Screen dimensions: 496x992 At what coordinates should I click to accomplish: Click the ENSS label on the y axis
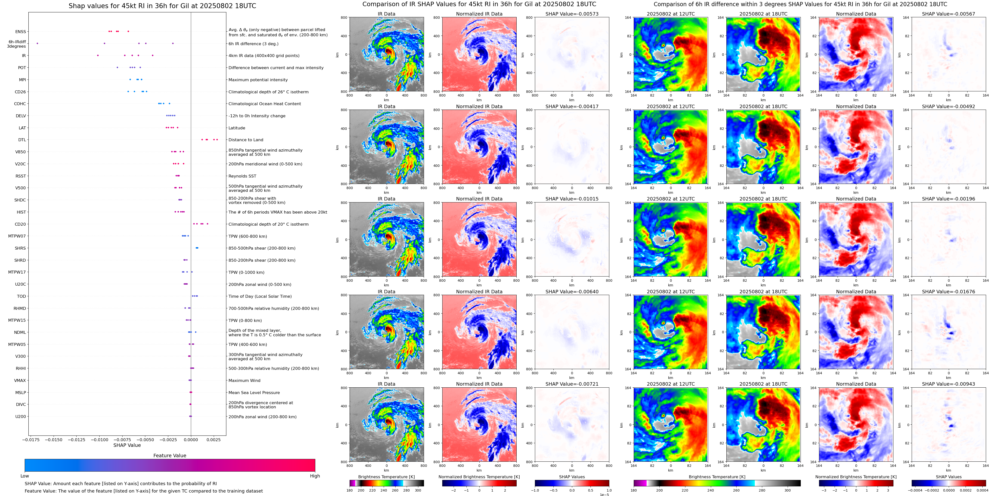pyautogui.click(x=21, y=32)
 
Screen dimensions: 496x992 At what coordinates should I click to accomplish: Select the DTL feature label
pyautogui.click(x=22, y=140)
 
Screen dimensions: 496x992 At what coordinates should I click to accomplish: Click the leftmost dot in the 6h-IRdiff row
pyautogui.click(x=37, y=43)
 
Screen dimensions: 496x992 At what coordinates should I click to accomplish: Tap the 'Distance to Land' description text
pyautogui.click(x=246, y=140)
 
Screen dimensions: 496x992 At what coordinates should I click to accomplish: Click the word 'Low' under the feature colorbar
pyautogui.click(x=25, y=476)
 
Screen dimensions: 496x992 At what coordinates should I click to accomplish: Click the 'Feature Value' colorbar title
pyautogui.click(x=169, y=456)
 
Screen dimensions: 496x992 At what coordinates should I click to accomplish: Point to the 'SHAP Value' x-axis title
pyautogui.click(x=127, y=445)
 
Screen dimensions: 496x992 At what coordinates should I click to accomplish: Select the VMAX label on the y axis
pyautogui.click(x=20, y=380)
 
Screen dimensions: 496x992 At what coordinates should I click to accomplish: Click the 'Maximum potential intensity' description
pyautogui.click(x=258, y=80)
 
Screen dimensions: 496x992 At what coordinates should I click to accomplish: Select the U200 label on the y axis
pyautogui.click(x=21, y=416)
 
